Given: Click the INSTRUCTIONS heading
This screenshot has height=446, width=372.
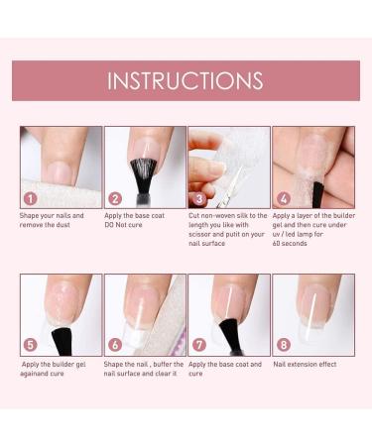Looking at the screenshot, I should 186,80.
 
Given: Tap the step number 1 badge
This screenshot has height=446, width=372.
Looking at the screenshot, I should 30,197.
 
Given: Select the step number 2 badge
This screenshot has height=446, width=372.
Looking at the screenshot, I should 114,197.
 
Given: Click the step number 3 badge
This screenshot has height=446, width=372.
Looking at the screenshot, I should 198,197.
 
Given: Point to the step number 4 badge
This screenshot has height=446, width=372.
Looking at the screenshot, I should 283,197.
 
